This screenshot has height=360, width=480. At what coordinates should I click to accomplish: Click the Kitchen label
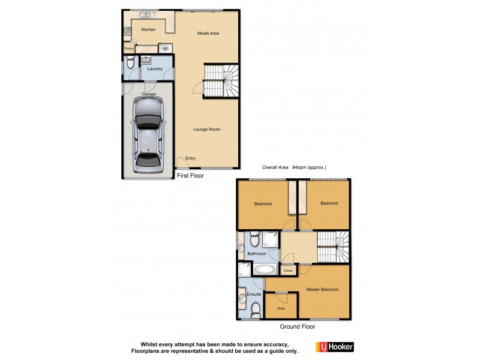click(x=148, y=29)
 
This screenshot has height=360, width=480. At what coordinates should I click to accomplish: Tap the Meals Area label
click(x=208, y=33)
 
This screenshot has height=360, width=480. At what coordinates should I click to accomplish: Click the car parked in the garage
click(x=148, y=135)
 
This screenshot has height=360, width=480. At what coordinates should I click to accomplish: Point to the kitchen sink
click(x=145, y=14)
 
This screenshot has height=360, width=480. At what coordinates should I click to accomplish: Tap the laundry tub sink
click(x=146, y=60)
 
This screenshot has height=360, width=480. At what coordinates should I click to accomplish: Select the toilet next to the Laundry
click(x=130, y=62)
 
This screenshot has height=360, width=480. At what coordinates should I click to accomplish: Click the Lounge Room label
click(x=207, y=129)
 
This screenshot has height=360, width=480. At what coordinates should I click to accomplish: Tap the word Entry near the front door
click(x=190, y=158)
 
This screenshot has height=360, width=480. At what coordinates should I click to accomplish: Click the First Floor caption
click(x=190, y=176)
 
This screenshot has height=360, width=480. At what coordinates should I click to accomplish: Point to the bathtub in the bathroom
click(x=263, y=269)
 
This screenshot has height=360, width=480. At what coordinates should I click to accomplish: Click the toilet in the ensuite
click(x=256, y=310)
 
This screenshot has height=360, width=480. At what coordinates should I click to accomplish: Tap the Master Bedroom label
click(x=322, y=290)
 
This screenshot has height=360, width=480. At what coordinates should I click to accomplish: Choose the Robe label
click(x=281, y=308)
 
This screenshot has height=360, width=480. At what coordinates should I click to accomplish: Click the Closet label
click(x=288, y=271)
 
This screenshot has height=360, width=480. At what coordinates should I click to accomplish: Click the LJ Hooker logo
click(x=334, y=347)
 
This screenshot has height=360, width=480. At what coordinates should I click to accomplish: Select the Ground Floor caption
click(x=297, y=327)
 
